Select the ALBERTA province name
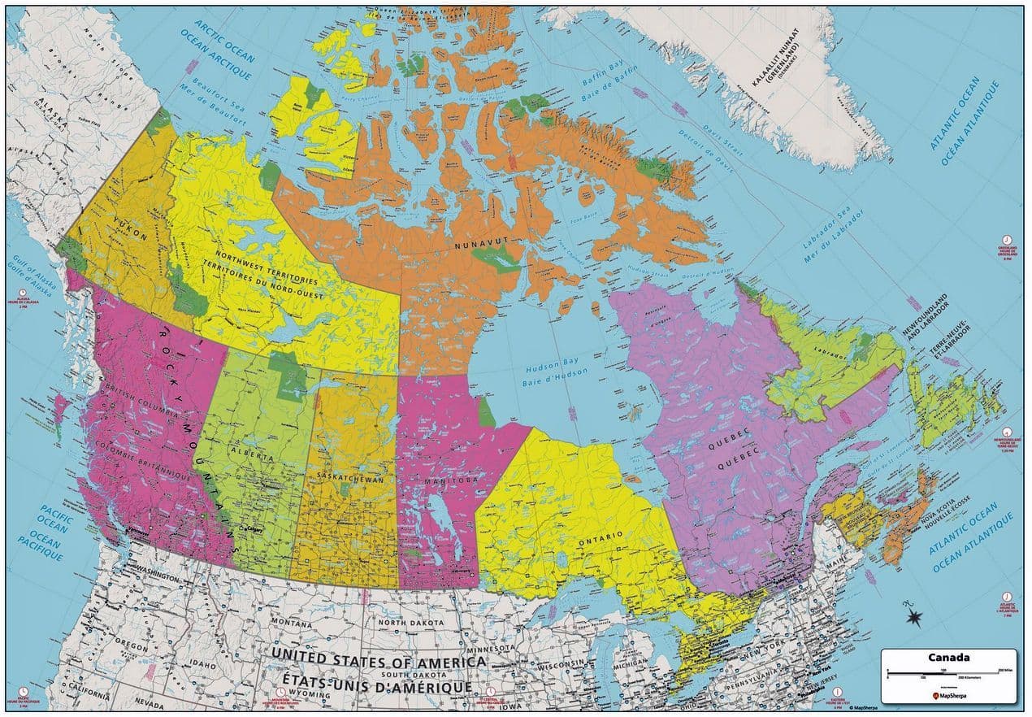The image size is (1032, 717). pos(250,453)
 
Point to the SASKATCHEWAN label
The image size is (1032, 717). pos(349,478)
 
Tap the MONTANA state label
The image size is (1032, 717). pos(292,623)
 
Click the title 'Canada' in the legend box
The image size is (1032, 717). pos(948,658)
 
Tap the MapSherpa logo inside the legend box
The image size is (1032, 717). pos(948,696)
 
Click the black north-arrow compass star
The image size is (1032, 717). pos(916,615)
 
